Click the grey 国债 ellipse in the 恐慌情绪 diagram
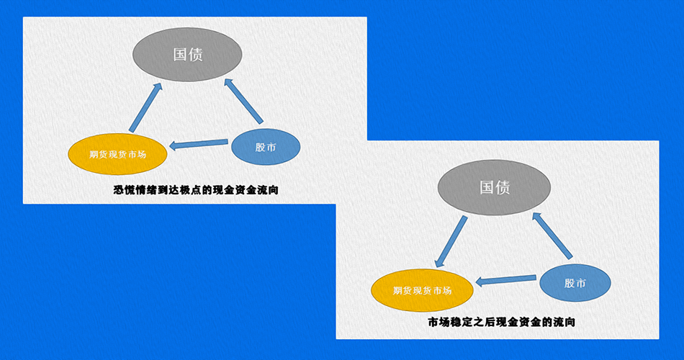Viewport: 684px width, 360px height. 187,55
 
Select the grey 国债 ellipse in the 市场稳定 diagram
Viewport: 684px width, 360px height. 495,187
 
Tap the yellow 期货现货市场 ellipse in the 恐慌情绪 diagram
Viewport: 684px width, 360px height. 117,153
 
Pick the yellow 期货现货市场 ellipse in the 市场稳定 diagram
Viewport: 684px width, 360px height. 422,291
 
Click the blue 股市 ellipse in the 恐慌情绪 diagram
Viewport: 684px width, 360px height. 265,147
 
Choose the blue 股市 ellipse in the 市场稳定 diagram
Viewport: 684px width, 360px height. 575,283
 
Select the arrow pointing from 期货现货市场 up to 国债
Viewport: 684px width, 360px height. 145,108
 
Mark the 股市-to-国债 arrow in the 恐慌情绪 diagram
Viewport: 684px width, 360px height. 244,101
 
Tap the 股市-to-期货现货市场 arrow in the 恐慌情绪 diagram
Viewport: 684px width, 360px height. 199,145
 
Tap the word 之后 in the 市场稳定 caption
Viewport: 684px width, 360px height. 482,322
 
